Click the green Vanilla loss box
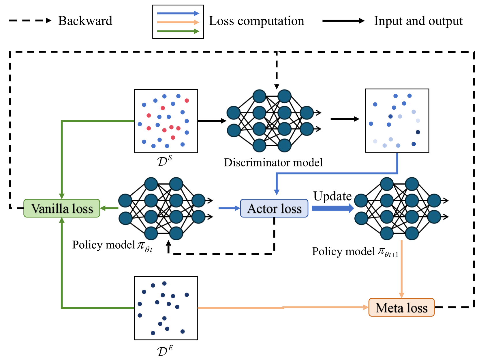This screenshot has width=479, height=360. coord(62,208)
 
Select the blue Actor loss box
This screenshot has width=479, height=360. coord(274,208)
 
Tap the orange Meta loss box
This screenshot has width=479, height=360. coord(401,307)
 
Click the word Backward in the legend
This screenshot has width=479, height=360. coord(85,21)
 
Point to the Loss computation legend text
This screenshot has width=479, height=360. coord(256,21)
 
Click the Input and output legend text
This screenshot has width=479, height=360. coord(418,21)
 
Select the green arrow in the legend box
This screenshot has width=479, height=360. coord(178,31)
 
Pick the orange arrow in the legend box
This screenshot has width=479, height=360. coord(178,22)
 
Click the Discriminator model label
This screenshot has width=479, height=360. coord(273,162)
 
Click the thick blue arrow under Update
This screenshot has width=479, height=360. coord(333,208)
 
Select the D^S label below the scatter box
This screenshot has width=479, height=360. coord(165,161)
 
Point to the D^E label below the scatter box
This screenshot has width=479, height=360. coord(165,350)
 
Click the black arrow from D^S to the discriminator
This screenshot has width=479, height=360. coord(212,121)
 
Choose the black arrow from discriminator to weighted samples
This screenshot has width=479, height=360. coord(345,119)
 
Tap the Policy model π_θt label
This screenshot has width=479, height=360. coord(112,245)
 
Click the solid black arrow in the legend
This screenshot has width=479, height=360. coord(343,21)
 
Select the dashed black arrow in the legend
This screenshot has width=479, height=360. coord(30,20)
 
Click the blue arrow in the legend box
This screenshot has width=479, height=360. coord(178,13)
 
